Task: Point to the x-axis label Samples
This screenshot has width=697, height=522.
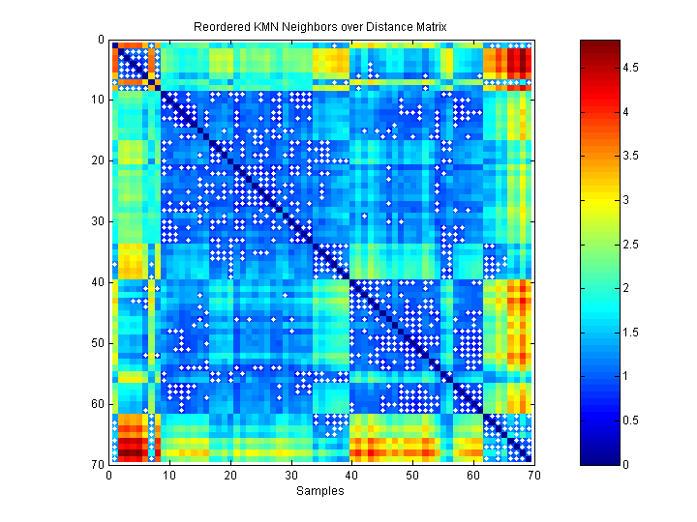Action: point(320,491)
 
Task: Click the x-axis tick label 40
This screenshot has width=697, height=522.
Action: point(351,475)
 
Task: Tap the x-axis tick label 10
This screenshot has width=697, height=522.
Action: point(169,475)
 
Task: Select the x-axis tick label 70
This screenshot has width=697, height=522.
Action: point(533,475)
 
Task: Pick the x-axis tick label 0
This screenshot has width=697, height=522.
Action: point(109,475)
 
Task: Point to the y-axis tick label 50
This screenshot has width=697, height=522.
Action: point(97,343)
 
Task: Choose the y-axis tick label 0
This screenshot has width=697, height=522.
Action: point(101,40)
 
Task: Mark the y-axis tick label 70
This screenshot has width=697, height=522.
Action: point(97,464)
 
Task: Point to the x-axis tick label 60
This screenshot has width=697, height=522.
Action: point(472,475)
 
